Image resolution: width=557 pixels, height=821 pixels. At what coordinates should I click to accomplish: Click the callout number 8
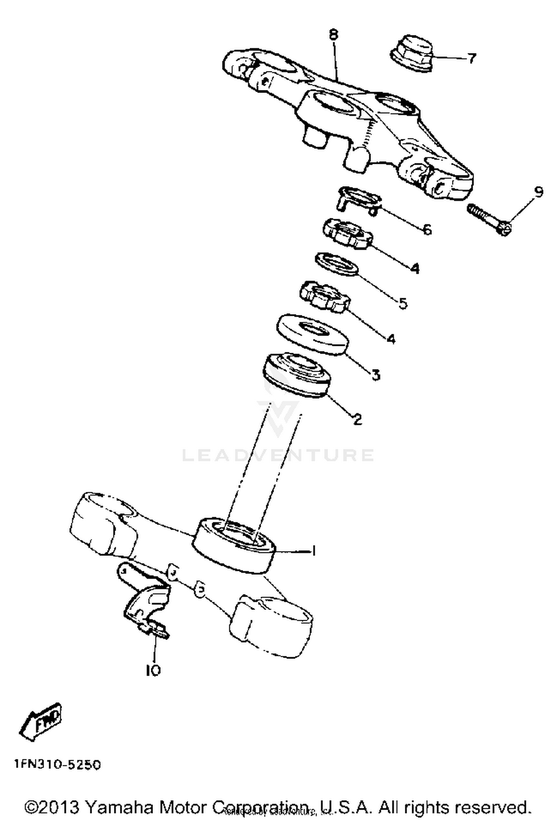coord(333,35)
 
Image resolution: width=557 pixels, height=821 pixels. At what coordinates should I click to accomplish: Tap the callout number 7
coord(471,58)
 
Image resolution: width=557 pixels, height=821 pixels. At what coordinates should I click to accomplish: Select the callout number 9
coord(538,192)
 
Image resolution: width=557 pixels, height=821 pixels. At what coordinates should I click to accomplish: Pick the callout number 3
coord(376,374)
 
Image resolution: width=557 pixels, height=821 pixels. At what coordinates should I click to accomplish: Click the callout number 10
coord(153,670)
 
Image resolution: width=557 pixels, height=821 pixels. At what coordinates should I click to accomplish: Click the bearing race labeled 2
coord(296,375)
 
